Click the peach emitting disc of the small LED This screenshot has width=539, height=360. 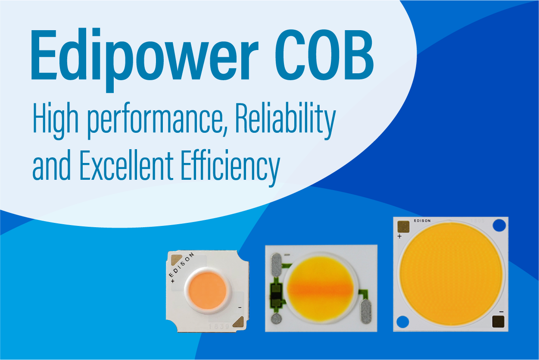coord(207,290)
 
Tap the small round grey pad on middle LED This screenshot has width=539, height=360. coord(275,319)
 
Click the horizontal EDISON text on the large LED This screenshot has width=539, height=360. coord(422,221)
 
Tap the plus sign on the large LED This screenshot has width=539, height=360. coord(399,236)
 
